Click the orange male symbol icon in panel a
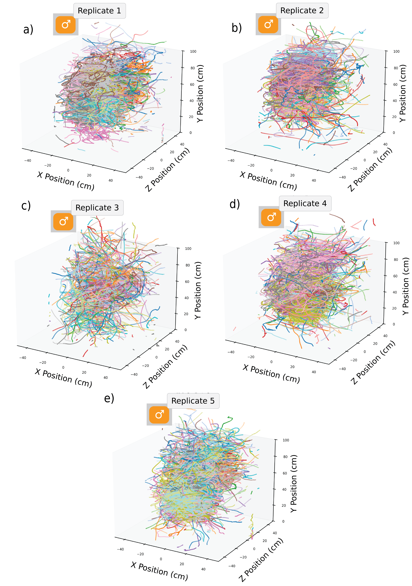66,24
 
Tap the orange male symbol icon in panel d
271,217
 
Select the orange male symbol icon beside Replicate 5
159,415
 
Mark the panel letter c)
26,206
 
